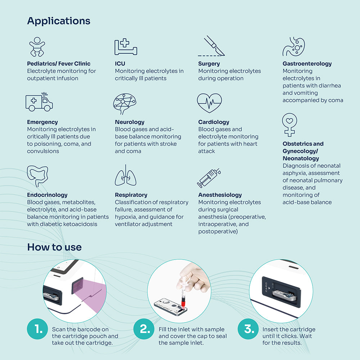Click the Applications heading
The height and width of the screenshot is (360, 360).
coord(59,21)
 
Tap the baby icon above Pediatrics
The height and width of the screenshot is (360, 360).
coord(37,47)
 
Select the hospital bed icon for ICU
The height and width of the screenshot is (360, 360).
coord(126,46)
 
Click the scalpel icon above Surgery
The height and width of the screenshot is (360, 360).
coord(211,46)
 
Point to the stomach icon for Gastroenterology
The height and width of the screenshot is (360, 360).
coord(294,46)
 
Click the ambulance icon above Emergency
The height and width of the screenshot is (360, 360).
coord(39,102)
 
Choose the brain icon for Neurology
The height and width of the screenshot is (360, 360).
coord(125,104)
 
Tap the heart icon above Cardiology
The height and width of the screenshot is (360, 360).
coord(210,103)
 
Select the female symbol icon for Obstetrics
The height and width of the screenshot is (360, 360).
coord(289,125)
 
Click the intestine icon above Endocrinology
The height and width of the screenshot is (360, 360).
coord(37,176)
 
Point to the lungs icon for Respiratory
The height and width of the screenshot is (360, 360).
coord(126,175)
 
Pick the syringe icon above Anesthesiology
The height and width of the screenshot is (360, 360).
coord(209,178)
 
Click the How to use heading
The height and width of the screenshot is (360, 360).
coord(54,247)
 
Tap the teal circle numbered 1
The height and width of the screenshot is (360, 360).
coord(37,329)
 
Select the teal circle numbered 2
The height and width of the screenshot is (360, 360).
coord(144,329)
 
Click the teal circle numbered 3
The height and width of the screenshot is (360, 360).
coord(248,329)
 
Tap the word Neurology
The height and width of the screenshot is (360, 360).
coord(130,122)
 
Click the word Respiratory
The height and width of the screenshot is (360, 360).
coord(131,195)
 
